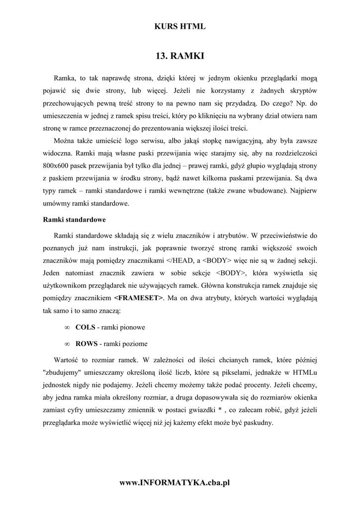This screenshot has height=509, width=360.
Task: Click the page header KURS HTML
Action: tap(180, 27)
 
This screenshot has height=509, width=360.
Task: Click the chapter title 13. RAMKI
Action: tap(180, 56)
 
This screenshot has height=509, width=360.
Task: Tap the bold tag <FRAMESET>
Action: tap(138, 298)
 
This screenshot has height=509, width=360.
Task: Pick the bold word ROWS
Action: tap(86, 343)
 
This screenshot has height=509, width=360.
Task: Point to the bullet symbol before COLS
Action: tap(67, 328)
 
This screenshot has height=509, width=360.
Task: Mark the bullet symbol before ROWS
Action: tap(67, 344)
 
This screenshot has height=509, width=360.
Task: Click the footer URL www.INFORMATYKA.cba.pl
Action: tap(180, 482)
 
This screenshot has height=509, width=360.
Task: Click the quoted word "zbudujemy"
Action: tap(63, 371)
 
